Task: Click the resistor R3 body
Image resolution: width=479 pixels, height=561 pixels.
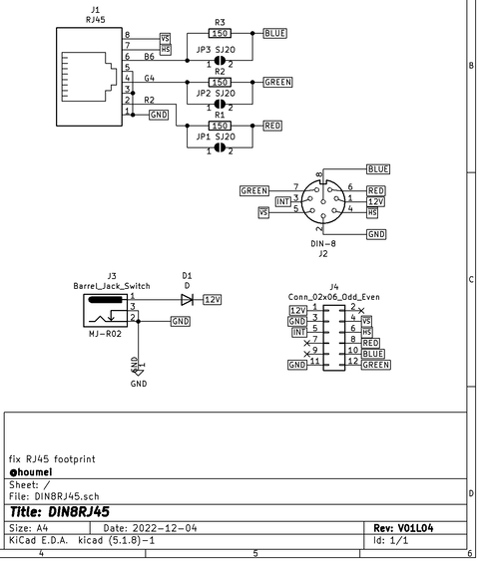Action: [x=220, y=33]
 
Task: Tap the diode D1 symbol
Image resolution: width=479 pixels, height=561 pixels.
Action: [x=187, y=299]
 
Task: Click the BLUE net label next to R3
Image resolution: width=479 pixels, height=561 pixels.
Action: [x=275, y=33]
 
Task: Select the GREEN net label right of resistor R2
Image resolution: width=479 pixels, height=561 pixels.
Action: [x=277, y=82]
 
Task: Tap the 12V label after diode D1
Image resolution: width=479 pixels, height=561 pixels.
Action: [x=213, y=299]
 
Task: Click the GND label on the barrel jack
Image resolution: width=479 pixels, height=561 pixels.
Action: [x=181, y=321]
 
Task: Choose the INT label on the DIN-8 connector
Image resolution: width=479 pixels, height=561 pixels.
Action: [x=282, y=200]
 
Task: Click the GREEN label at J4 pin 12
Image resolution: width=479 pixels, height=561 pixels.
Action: [x=376, y=365]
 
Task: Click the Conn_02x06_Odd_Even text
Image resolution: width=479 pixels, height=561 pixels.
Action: [x=334, y=296]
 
